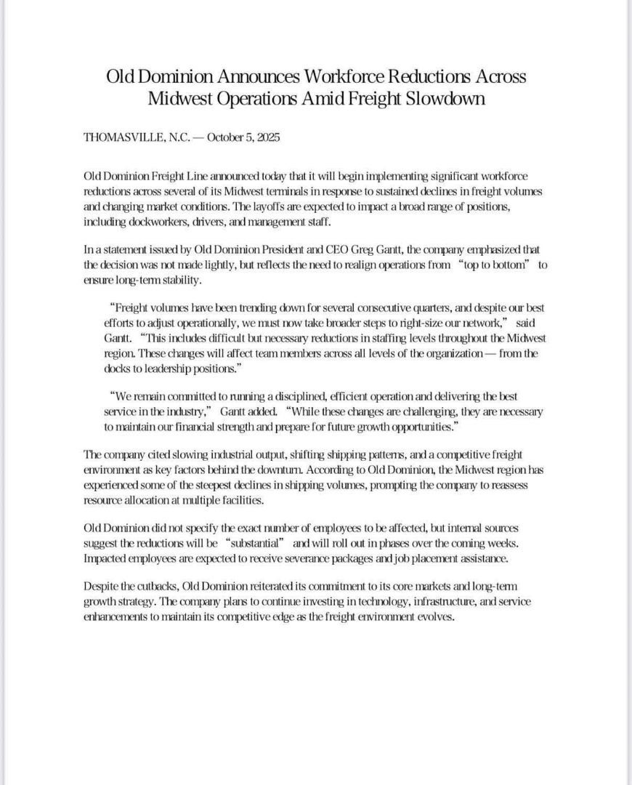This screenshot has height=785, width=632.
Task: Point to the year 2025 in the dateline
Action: pos(268,137)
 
